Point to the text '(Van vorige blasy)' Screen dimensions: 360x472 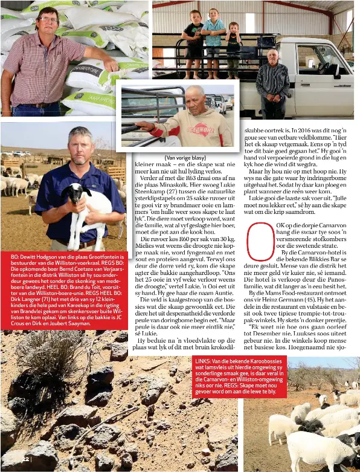coord(185,158)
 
